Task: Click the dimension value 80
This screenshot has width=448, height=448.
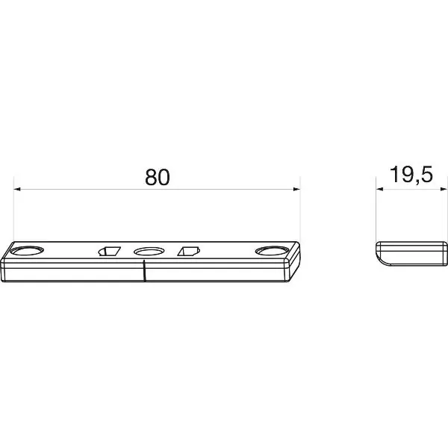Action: coord(158,178)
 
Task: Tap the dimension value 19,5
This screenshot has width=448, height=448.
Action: coord(411,175)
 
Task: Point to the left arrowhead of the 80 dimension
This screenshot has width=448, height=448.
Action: coord(17,189)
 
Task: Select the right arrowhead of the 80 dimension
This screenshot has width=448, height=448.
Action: coord(297,189)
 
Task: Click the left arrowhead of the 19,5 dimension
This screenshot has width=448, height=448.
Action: coord(379,189)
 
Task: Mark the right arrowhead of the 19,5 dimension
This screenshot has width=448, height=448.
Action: coord(444,189)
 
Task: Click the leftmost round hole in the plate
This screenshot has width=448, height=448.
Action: coord(27,251)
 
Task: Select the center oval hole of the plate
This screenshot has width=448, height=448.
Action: coord(149,252)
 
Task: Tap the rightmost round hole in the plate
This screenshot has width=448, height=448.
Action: coord(273,251)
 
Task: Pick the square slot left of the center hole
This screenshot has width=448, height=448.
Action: coord(110,251)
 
